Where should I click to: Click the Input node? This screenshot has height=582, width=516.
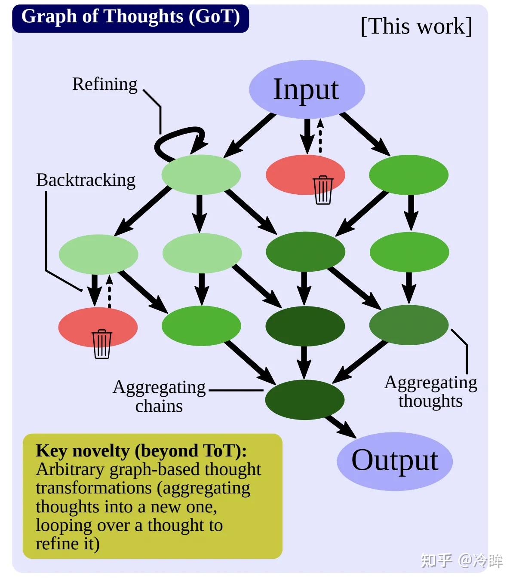(307, 89)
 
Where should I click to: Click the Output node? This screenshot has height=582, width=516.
(394, 461)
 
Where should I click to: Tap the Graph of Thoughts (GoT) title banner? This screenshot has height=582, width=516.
(130, 17)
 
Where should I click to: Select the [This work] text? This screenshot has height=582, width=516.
(416, 27)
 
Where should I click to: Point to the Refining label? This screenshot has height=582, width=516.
(104, 84)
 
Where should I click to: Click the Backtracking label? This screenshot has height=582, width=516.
(86, 180)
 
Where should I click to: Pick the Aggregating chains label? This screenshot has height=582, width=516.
(159, 396)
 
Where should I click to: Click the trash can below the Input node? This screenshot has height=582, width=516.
(323, 190)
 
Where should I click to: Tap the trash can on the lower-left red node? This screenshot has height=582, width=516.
(102, 344)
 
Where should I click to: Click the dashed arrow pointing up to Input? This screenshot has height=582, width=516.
(320, 137)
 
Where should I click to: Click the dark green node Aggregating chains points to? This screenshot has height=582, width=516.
(304, 399)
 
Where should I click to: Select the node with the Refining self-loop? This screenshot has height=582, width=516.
(201, 175)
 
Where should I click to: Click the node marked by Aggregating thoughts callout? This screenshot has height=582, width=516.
(408, 325)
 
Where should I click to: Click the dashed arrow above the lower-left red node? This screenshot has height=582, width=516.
(109, 291)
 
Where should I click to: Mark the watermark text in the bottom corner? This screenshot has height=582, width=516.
(461, 560)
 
